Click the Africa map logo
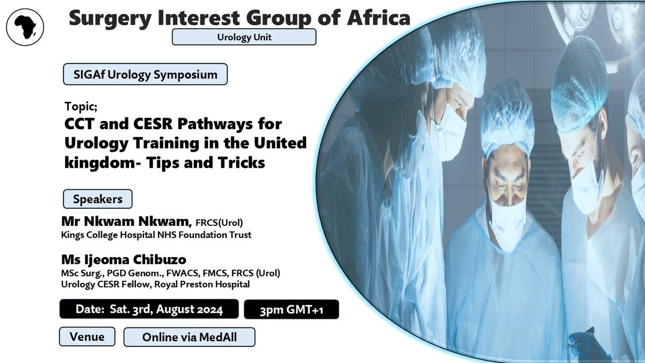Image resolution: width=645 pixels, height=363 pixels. (x=25, y=27)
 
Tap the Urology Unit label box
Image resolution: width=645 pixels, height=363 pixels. (x=244, y=37)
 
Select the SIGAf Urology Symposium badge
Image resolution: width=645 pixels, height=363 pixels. (x=145, y=74)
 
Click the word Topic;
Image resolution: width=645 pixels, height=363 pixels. (x=81, y=106)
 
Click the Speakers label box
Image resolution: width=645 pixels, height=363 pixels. (x=98, y=199)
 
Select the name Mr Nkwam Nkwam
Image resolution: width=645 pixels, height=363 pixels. (x=126, y=221)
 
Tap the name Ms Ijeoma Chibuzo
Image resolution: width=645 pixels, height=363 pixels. (x=124, y=260)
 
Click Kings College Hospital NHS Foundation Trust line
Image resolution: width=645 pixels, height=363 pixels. (x=156, y=235)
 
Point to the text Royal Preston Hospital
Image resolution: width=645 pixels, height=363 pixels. (x=202, y=284)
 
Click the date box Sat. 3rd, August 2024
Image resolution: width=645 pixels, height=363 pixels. (x=149, y=309)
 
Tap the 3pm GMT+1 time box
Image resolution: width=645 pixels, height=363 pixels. (x=291, y=310)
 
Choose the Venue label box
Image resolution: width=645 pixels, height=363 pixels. (x=87, y=337)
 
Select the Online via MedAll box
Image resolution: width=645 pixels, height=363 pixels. (x=189, y=337)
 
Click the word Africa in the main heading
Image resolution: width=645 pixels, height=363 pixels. (x=378, y=18)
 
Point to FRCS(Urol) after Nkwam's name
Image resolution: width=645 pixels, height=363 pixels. (x=219, y=223)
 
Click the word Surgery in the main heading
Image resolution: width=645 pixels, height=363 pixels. (x=110, y=19)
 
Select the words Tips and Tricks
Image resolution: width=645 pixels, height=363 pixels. (x=205, y=163)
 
